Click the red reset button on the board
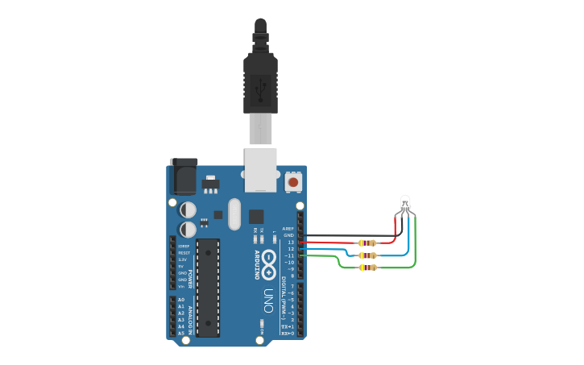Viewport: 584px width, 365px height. tap(293, 182)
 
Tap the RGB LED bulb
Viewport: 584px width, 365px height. tap(406, 204)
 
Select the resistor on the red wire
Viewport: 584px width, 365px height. tap(368, 243)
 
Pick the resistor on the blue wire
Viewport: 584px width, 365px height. tap(368, 255)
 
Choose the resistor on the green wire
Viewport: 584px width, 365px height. tap(368, 267)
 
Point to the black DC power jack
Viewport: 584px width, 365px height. tap(184, 176)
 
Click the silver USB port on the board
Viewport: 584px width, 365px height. tap(260, 169)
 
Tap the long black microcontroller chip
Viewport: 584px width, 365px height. tap(208, 287)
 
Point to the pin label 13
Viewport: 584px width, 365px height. tap(291, 242)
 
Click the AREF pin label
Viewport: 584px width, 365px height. tap(288, 228)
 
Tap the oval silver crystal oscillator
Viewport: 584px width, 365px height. tap(234, 214)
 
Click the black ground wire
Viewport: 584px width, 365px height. tap(346, 235)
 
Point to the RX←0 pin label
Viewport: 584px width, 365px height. tap(288, 333)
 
